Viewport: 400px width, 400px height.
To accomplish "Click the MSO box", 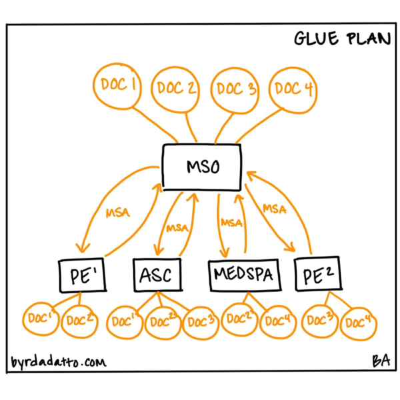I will click(203, 165).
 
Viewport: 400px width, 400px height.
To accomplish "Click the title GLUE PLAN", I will click(342, 39).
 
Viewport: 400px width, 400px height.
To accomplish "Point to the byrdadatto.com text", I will click(59, 362).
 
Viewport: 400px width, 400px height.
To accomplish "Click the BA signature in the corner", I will click(381, 361).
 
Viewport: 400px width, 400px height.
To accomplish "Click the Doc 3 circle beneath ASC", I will click(201, 321).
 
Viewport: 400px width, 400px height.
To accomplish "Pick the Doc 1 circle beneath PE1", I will click(42, 320).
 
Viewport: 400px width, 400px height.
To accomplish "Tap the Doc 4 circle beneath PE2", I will click(359, 324).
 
